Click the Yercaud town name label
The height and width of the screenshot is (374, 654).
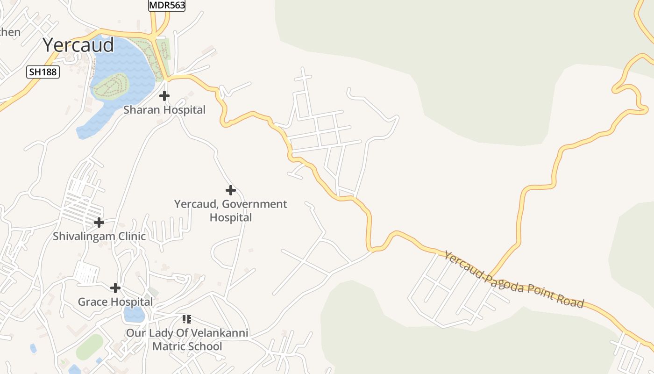(78, 45)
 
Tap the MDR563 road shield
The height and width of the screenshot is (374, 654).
(167, 6)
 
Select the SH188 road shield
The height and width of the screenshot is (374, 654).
(43, 72)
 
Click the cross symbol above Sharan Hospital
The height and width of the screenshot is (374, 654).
(164, 96)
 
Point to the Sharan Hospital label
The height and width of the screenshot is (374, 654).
(164, 110)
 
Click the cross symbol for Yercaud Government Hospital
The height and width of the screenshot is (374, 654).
(230, 190)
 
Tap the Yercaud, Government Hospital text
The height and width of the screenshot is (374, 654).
(230, 210)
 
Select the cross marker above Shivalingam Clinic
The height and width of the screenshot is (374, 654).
(99, 223)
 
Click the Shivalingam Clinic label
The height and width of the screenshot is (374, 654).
(99, 236)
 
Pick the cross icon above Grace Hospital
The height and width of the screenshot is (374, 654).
(115, 288)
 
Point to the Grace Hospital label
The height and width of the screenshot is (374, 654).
(115, 302)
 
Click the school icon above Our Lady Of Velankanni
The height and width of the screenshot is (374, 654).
(186, 320)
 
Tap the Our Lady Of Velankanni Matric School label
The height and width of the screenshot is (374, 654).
(187, 340)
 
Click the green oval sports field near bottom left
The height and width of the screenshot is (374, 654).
(89, 347)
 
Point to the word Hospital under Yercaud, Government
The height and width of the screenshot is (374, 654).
(230, 217)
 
